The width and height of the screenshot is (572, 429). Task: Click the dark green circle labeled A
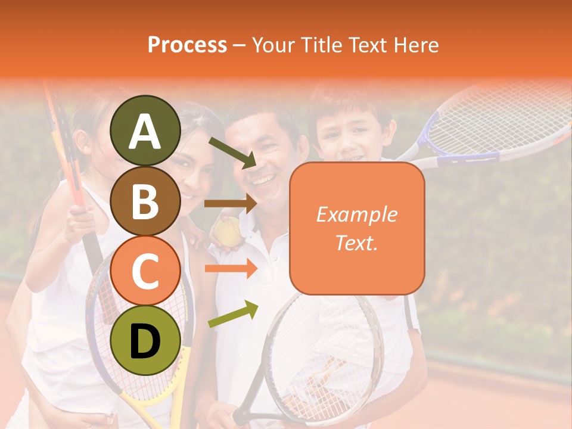pyautogui.click(x=145, y=131)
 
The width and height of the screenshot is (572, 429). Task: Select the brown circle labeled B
pyautogui.click(x=145, y=201)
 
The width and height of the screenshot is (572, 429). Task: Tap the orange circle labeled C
pyautogui.click(x=145, y=271)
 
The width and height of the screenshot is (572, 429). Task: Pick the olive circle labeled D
pyautogui.click(x=145, y=341)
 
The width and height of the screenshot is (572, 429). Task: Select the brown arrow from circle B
pyautogui.click(x=231, y=204)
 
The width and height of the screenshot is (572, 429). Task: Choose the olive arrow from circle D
pyautogui.click(x=233, y=314)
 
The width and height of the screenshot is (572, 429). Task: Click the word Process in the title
pyautogui.click(x=187, y=45)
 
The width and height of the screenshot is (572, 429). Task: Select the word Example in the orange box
pyautogui.click(x=356, y=214)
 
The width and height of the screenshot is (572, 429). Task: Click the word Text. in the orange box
pyautogui.click(x=356, y=243)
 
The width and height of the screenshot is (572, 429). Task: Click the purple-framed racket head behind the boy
pyautogui.click(x=500, y=125)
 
